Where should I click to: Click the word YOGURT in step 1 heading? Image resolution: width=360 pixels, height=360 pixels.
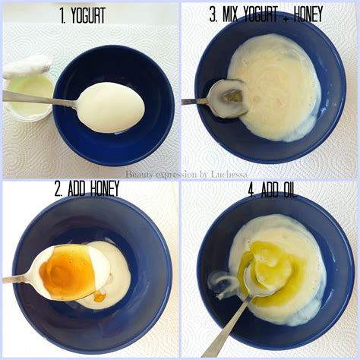click(x=88, y=15)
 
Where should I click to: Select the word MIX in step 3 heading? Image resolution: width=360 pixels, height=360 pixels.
click(x=230, y=14)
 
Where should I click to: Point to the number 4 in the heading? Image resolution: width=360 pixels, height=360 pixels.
click(x=251, y=190)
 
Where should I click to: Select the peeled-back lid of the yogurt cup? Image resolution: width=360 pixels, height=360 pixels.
click(x=27, y=67)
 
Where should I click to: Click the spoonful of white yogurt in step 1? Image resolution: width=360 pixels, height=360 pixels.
click(x=111, y=107)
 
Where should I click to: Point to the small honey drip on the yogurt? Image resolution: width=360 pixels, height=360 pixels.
click(x=99, y=297)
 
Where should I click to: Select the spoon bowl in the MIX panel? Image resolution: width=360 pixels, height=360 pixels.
click(x=227, y=99)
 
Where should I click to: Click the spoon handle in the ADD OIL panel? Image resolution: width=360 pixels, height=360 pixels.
click(x=226, y=327)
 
